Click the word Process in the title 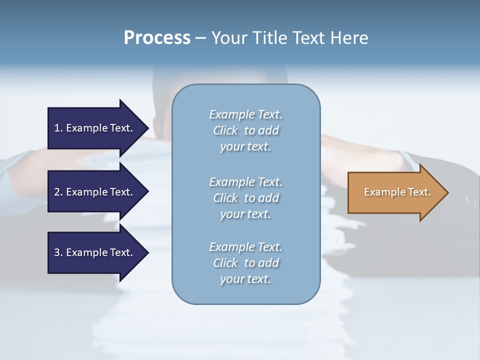coord(157,38)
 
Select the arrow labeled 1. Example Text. coord(93,128)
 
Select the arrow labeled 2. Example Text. coord(93,192)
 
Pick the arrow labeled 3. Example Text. coord(93,252)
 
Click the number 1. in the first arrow coord(58,128)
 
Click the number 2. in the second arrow coord(58,192)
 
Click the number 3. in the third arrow coord(58,252)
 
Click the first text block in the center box coord(245,130)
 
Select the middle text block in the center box coord(245,197)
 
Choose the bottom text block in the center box coord(245,263)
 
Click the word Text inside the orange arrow coord(419,192)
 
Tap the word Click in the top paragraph coord(225,130)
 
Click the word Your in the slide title coord(228,38)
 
